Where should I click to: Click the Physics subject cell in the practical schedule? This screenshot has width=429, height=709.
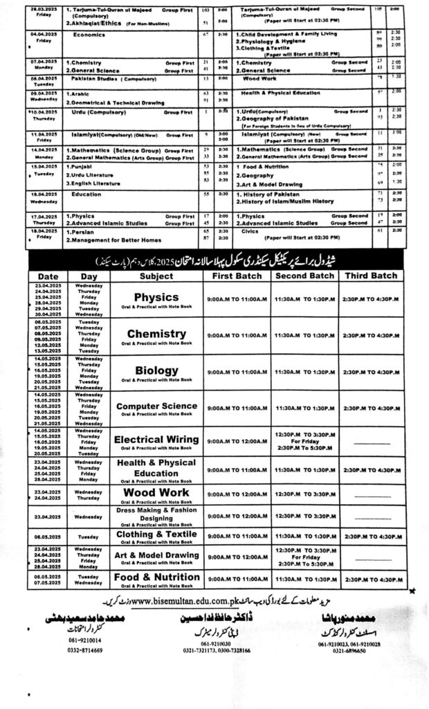(x=156, y=298)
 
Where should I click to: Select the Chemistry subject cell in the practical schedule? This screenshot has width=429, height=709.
(x=156, y=334)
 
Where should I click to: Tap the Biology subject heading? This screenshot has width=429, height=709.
(x=156, y=370)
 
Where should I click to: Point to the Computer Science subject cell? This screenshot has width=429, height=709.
(x=156, y=406)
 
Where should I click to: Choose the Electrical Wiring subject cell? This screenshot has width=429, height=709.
(x=156, y=440)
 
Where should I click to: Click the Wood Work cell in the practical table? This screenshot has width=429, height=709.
(x=156, y=493)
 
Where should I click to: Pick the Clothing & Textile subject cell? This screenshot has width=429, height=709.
(x=156, y=535)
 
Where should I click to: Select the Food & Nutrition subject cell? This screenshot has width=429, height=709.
(x=156, y=577)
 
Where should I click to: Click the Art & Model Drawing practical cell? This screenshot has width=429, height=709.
(x=156, y=555)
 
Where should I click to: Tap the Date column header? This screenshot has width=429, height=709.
(x=48, y=276)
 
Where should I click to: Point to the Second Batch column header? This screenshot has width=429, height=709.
(x=304, y=276)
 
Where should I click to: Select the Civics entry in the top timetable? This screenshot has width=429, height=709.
(x=250, y=231)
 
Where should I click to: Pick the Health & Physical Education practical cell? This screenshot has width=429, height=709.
(x=156, y=468)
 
